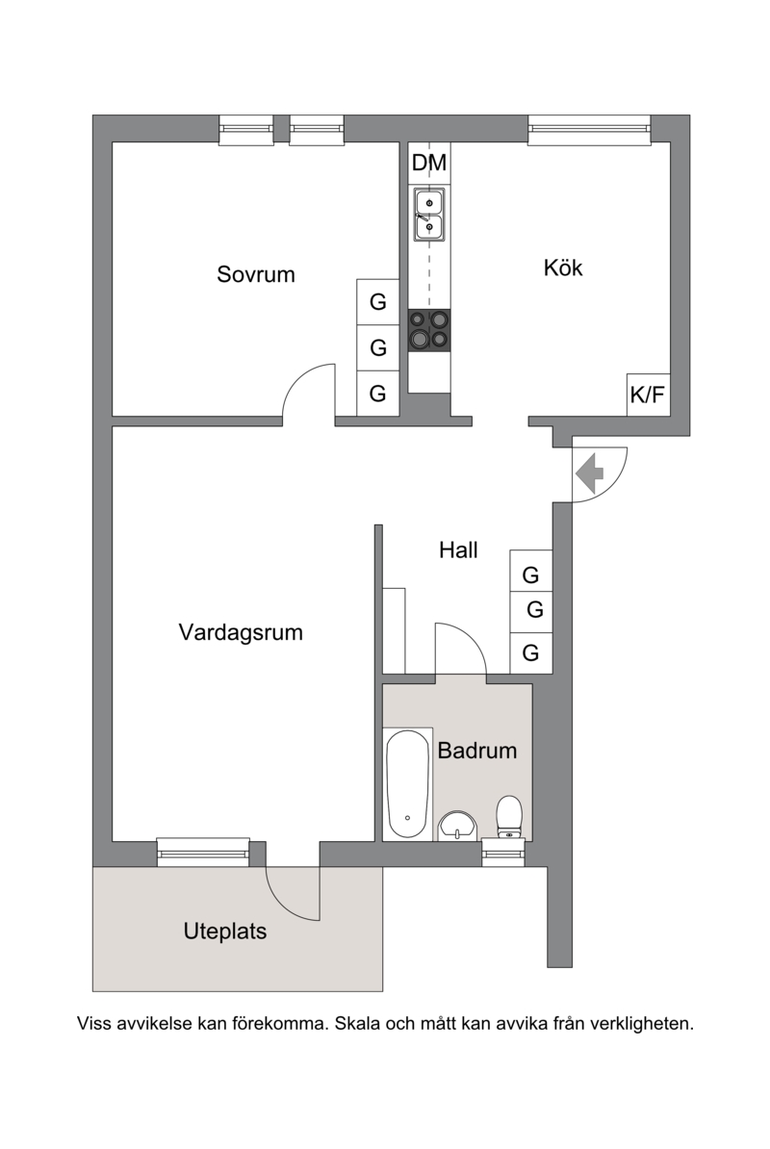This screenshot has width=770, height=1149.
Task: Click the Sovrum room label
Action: point(256,274)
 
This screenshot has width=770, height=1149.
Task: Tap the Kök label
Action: point(563,268)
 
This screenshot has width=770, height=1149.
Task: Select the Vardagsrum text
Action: point(241,632)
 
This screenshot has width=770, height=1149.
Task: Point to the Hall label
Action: point(458,549)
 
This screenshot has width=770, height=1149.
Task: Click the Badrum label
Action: point(477,751)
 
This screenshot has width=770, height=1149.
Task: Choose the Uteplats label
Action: point(225,932)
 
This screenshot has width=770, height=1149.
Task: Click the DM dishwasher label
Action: point(429,163)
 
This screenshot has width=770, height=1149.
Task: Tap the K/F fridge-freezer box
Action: point(649,395)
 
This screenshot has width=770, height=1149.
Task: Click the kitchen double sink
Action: point(429,215)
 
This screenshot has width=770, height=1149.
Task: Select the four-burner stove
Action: point(429,330)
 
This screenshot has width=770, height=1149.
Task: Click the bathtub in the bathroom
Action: point(407,783)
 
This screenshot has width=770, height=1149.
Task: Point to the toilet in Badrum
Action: point(509,817)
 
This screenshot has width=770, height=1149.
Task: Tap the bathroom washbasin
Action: point(458,827)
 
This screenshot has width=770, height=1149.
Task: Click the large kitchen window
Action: point(590,130)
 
